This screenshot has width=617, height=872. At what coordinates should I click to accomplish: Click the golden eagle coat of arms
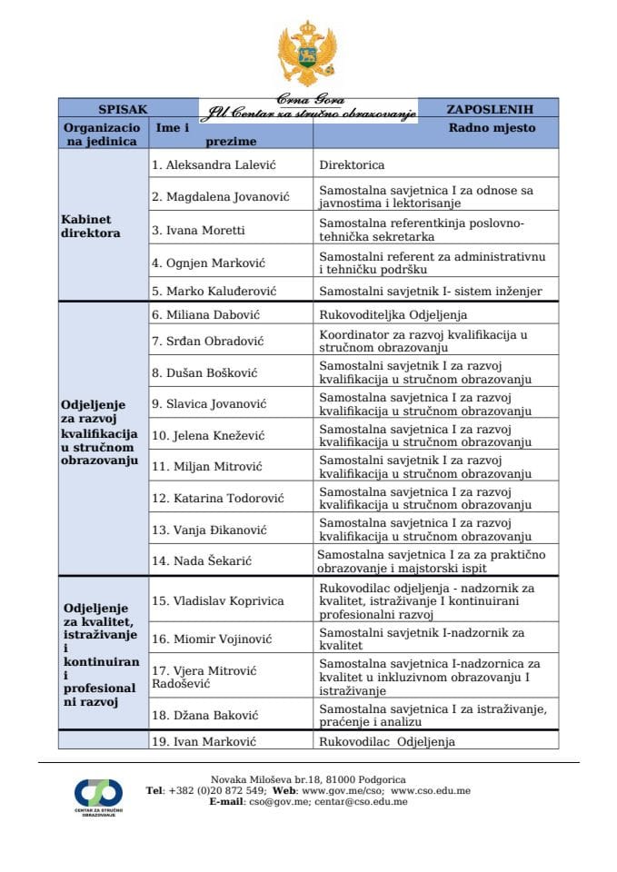pos(308,54)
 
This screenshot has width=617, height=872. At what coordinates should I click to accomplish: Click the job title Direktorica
pos(352,165)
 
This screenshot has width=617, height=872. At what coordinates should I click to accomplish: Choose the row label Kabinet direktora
pos(91,226)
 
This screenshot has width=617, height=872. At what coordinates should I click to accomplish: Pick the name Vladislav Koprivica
pos(217,600)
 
